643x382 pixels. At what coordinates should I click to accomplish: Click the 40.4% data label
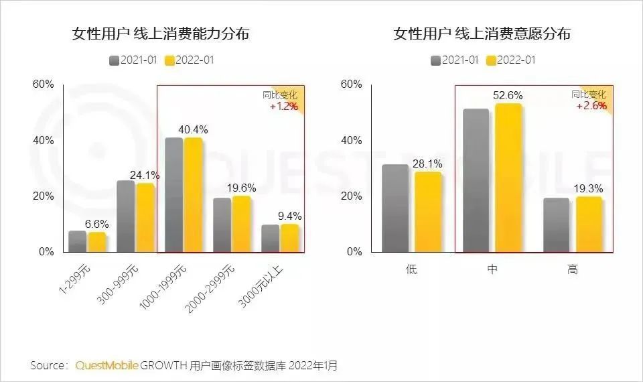193,129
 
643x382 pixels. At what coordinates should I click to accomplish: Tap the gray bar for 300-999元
125,216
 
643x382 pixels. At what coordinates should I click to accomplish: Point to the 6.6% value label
96,224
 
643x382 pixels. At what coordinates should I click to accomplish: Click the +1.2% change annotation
283,107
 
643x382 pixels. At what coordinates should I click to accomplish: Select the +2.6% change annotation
591,106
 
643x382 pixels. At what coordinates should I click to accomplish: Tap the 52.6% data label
508,96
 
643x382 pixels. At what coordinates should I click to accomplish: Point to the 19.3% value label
589,190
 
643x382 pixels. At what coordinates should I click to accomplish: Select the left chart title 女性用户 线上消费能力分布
161,34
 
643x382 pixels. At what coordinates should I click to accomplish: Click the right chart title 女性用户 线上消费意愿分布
482,34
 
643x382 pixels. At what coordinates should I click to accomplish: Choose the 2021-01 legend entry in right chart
455,60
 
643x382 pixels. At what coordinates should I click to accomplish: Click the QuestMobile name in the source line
107,366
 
